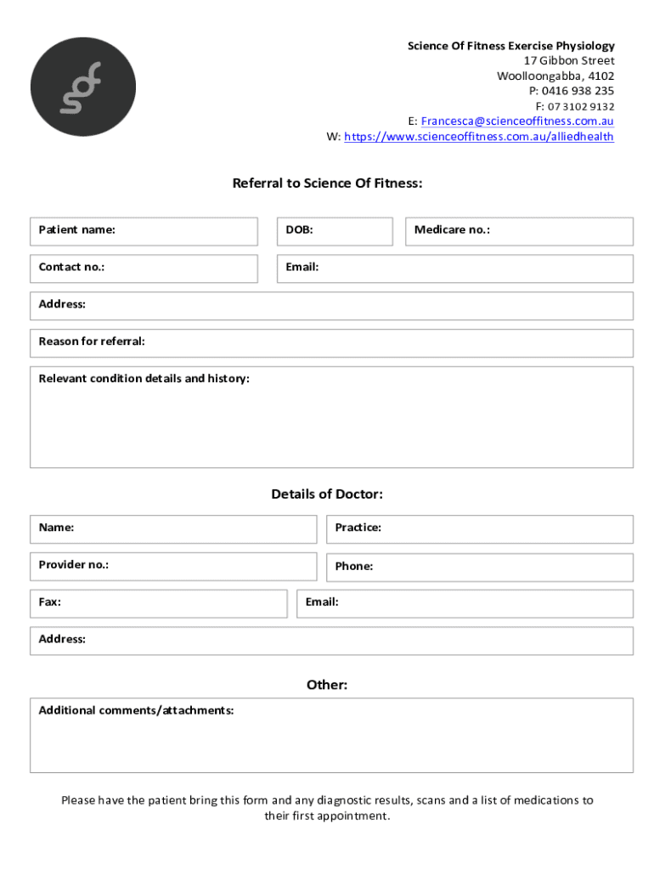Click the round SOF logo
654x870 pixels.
83,88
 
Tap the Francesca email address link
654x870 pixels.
517,121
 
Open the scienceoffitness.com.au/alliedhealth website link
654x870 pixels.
479,137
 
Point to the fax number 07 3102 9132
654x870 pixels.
580,106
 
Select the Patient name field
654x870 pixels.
144,231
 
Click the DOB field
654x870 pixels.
335,231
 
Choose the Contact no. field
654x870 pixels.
144,268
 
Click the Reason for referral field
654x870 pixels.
331,342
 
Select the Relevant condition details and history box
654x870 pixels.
331,418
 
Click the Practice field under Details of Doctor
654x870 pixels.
479,528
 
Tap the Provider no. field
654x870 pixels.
173,566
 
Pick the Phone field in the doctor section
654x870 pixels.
479,567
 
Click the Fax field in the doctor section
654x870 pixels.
159,603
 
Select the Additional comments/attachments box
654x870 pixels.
331,736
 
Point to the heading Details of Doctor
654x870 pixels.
327,494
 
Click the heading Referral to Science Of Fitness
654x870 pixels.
327,184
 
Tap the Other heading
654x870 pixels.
327,685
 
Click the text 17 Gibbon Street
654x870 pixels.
568,61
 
